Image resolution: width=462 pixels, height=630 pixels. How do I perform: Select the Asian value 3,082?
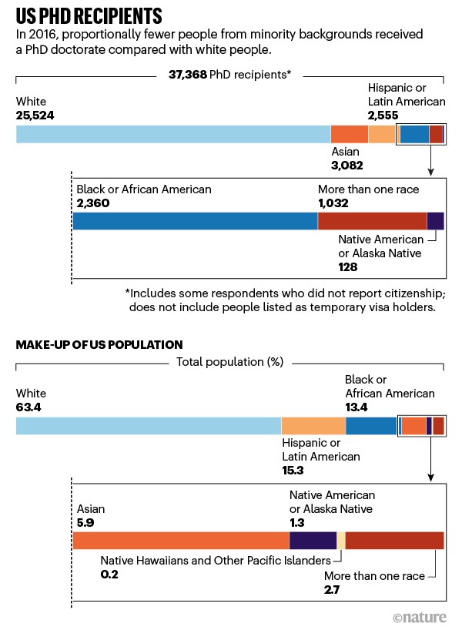coord(346,165)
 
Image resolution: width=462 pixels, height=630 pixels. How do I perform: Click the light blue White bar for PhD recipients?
coord(173,134)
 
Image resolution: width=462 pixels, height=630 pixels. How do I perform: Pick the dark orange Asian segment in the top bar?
coord(349,134)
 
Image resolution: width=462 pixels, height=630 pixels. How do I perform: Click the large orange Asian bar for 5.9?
coord(181,540)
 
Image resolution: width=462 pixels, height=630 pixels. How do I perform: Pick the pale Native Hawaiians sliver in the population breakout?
coord(341,540)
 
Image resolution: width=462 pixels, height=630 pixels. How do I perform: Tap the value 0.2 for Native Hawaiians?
coord(110,575)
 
